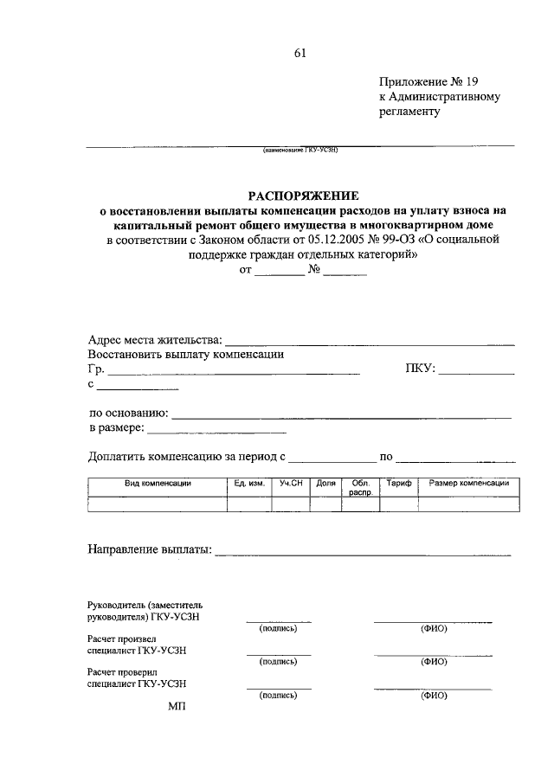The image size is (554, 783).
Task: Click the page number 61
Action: [300, 53]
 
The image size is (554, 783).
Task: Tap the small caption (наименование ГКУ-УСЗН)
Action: [300, 150]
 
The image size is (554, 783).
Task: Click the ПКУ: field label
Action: [420, 369]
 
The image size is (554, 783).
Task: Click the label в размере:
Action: [117, 427]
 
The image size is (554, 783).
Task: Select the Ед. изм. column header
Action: [248, 483]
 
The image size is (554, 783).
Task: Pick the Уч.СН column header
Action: [290, 483]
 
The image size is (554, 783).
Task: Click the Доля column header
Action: [325, 483]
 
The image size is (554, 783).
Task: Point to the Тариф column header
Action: [398, 483]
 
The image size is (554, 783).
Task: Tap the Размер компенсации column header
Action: [468, 483]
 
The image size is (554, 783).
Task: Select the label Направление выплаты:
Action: [150, 549]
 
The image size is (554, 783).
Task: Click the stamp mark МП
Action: [176, 705]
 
